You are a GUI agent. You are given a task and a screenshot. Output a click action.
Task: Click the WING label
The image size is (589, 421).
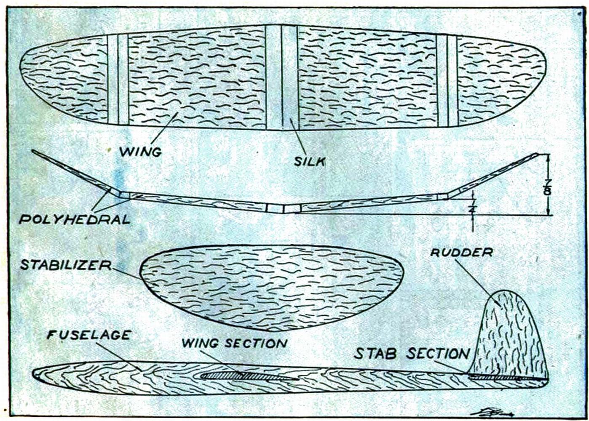click(x=141, y=151)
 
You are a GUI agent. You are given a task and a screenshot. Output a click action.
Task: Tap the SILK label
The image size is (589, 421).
click(x=310, y=160)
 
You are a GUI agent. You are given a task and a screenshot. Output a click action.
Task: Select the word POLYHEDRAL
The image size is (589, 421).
click(x=75, y=219)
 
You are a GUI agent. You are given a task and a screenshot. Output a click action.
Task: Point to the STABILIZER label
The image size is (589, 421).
click(x=65, y=265)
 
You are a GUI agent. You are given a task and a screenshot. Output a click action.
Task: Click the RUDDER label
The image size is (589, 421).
click(x=461, y=252)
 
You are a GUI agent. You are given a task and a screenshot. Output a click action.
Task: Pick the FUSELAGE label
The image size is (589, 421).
click(x=89, y=335)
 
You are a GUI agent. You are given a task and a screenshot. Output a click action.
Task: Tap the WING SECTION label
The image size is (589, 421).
click(x=234, y=343)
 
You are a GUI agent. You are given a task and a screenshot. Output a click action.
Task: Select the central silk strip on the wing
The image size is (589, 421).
click(x=282, y=78)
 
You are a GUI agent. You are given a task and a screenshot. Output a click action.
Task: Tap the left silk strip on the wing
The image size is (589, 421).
click(x=118, y=80)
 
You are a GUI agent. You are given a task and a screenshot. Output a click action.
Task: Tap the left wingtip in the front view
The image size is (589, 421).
click(x=34, y=152)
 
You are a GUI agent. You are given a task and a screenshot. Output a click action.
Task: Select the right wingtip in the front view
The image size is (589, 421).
click(x=538, y=155)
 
